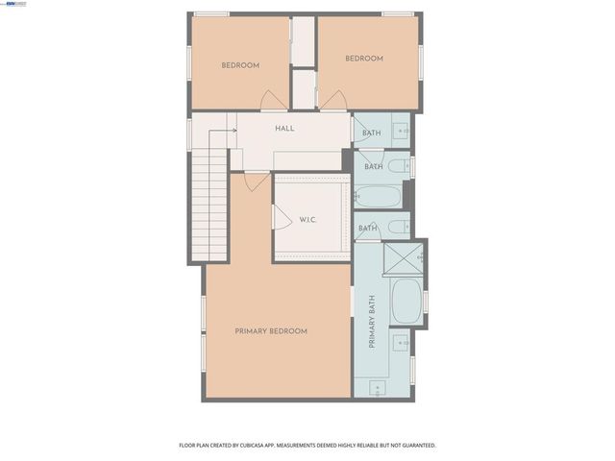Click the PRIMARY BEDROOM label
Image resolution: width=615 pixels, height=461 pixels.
coord(271,331)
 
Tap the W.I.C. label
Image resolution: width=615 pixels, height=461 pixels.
coord(307,220)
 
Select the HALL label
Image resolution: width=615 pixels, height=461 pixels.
coord(284,128)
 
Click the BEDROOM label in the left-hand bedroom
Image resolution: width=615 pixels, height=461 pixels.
coord(240,65)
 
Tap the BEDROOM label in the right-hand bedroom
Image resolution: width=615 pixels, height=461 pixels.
coord(364,59)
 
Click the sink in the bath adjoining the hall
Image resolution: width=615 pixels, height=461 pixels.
coord(403,130)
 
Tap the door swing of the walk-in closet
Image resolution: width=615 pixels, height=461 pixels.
coord(282,219)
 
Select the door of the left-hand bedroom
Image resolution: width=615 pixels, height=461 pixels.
coord(273,99)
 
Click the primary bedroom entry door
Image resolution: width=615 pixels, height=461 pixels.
coord(256,180)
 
